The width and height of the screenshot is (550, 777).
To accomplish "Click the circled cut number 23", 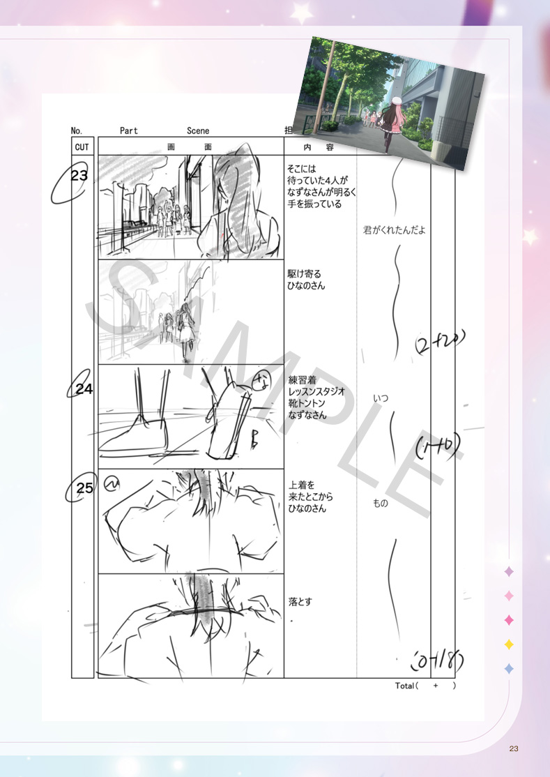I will [x=79, y=176].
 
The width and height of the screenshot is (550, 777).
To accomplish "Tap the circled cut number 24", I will [x=84, y=390].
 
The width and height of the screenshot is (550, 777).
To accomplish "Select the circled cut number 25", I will [x=84, y=488].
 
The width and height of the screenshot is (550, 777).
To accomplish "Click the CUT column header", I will [x=82, y=147].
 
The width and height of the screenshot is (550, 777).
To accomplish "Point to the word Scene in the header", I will [x=198, y=131].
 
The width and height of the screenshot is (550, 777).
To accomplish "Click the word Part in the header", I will [x=129, y=131].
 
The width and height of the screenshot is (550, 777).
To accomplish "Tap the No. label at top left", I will [x=77, y=131].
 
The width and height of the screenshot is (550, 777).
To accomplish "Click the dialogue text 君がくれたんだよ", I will [x=394, y=230].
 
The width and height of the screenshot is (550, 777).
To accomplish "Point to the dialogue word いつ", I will [x=381, y=398].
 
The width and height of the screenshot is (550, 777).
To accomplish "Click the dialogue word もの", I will [x=381, y=503].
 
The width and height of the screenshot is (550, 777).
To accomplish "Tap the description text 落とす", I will [x=300, y=601].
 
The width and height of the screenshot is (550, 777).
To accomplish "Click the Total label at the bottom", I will [x=405, y=686].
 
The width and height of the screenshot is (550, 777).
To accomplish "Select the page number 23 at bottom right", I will [x=514, y=748].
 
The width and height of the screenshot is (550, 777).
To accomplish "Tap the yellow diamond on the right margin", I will [x=509, y=644].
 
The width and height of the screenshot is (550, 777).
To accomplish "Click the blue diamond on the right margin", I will [x=509, y=668].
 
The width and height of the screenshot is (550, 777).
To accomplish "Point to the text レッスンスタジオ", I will [x=316, y=392].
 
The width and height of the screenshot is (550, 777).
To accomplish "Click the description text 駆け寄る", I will [x=305, y=273].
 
